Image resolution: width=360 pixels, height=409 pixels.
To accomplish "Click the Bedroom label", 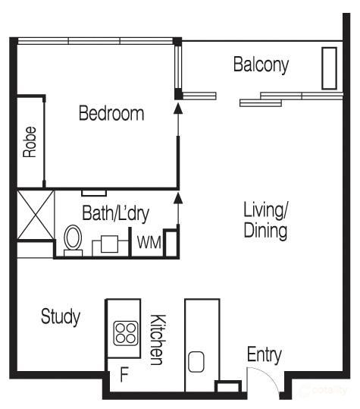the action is click(x=111, y=113).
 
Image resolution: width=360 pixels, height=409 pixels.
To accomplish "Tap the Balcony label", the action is click(x=261, y=64).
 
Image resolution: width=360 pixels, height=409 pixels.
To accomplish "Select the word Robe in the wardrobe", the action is click(x=30, y=142).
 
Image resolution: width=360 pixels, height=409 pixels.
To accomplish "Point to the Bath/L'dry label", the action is click(x=116, y=214).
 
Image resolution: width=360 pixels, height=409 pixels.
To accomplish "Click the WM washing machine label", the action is click(x=149, y=243).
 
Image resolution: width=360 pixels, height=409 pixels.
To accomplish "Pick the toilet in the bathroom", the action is click(x=73, y=241).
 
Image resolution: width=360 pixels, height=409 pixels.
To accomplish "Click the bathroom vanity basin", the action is click(x=109, y=244).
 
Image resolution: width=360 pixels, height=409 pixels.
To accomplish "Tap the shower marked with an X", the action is click(x=35, y=215).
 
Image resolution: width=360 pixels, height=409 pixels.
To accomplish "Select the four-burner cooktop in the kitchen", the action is click(x=126, y=333).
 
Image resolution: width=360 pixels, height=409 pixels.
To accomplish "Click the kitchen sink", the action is click(x=196, y=362).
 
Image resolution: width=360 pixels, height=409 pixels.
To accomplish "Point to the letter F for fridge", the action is click(x=124, y=375).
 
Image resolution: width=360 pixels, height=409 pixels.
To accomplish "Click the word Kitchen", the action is click(x=158, y=340).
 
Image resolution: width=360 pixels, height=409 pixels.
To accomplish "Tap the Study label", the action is click(x=61, y=316).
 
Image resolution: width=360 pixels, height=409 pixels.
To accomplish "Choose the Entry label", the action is click(x=265, y=355).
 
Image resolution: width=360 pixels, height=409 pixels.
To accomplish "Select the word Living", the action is click(x=265, y=210).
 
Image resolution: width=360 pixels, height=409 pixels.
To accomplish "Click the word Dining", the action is click(x=265, y=231).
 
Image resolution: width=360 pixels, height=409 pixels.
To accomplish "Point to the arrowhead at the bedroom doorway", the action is click(x=178, y=109).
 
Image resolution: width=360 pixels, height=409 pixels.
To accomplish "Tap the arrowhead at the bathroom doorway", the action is click(x=178, y=198).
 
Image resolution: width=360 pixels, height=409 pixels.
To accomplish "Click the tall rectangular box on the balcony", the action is click(x=329, y=68).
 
